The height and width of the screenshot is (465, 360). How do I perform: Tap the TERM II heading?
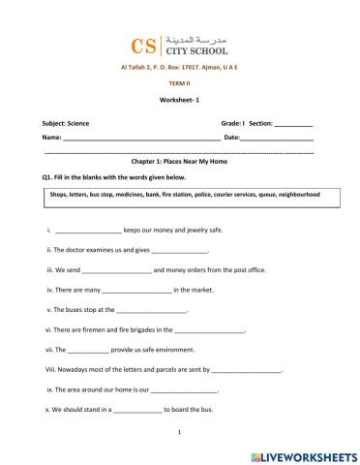pyautogui.click(x=181, y=84)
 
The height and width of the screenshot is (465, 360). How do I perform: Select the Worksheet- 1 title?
pyautogui.click(x=180, y=101)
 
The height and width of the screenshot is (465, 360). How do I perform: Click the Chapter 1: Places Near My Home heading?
pyautogui.click(x=180, y=165)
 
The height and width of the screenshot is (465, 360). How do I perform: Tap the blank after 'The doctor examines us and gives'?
pyautogui.click(x=180, y=251)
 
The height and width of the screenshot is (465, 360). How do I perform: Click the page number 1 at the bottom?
pyautogui.click(x=180, y=434)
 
